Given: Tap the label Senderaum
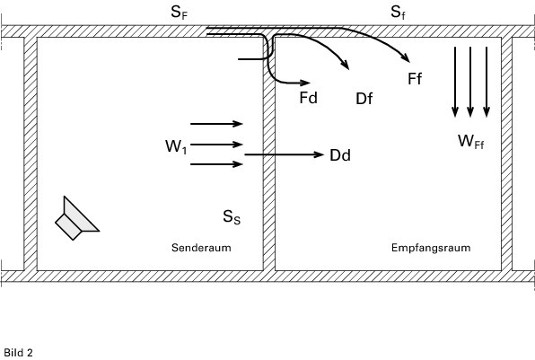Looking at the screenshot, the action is pos(201,248).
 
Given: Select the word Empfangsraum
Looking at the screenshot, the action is pos(431,248).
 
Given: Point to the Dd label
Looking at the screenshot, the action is pos(340,155).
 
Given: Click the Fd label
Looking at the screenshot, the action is pos(309,98).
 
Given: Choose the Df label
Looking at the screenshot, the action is pos(364,99).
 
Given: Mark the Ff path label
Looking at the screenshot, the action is pos(415,79).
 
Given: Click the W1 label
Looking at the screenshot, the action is pos(176,146).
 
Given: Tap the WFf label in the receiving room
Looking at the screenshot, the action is pos(471,141).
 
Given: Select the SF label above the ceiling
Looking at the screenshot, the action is pos(180,13).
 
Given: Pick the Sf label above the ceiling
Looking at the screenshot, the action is pos(398,13).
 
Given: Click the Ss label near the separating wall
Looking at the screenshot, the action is pos(232,217).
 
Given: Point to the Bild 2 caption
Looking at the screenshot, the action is pos(19,353).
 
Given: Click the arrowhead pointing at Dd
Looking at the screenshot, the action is pos(319,155).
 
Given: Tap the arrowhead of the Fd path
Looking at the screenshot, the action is pos(305,83).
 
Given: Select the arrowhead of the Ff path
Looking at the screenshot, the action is pos(406,57).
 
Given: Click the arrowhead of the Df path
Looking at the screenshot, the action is pos(346,64).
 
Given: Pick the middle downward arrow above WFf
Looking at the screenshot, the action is pos(470,82).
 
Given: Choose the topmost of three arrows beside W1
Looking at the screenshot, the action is pos(216,124).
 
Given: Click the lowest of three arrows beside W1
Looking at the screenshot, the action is pos(216,164).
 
